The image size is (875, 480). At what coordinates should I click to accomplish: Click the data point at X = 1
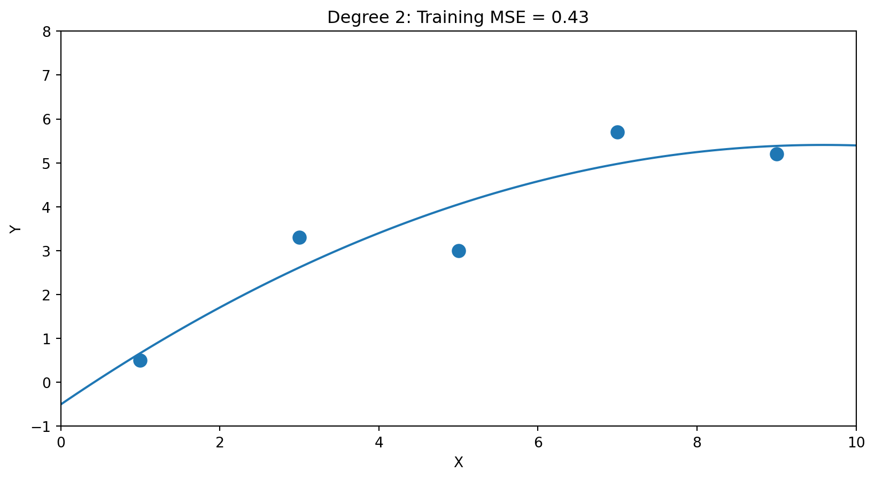coord(140,360)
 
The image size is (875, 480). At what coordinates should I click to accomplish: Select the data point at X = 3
coord(299,237)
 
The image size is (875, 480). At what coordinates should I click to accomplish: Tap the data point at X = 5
coord(459,251)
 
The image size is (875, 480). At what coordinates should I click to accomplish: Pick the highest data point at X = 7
coord(617,132)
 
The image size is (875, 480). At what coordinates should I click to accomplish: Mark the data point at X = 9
coord(777,154)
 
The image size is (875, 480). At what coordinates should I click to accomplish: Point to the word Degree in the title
coord(349,18)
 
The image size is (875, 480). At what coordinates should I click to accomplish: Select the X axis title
coord(459,463)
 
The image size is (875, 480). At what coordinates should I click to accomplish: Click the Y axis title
coord(16,229)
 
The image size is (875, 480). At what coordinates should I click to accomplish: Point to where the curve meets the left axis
coord(61,404)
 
